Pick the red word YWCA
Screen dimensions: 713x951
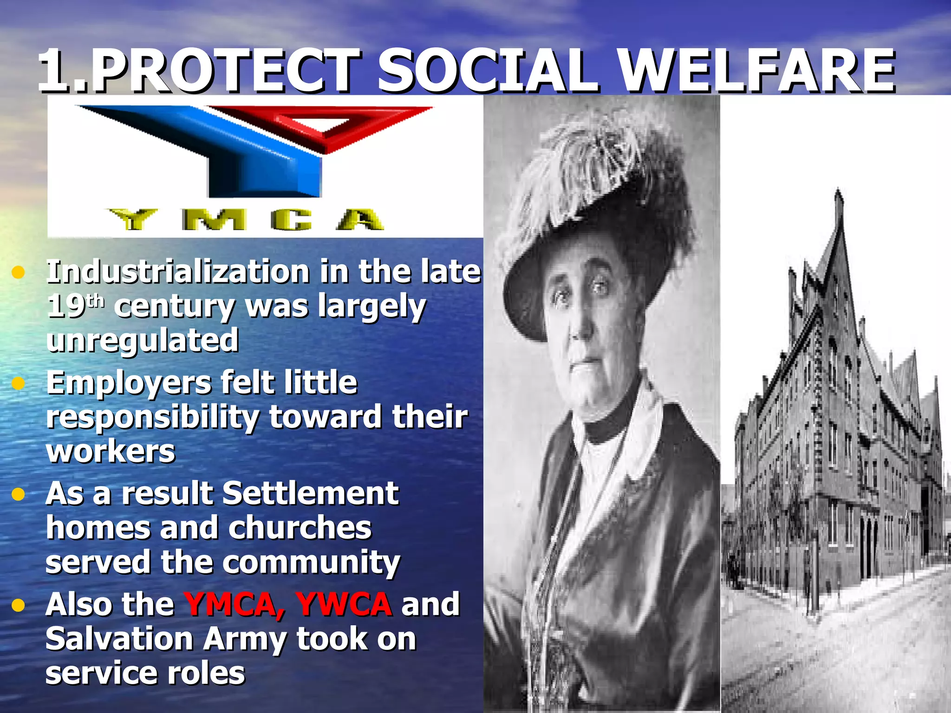344,604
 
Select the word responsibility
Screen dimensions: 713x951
153,417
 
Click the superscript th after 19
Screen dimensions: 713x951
96,302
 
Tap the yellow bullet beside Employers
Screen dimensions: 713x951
18,383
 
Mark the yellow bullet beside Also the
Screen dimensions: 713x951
18,605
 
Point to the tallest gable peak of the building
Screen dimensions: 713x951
838,195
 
